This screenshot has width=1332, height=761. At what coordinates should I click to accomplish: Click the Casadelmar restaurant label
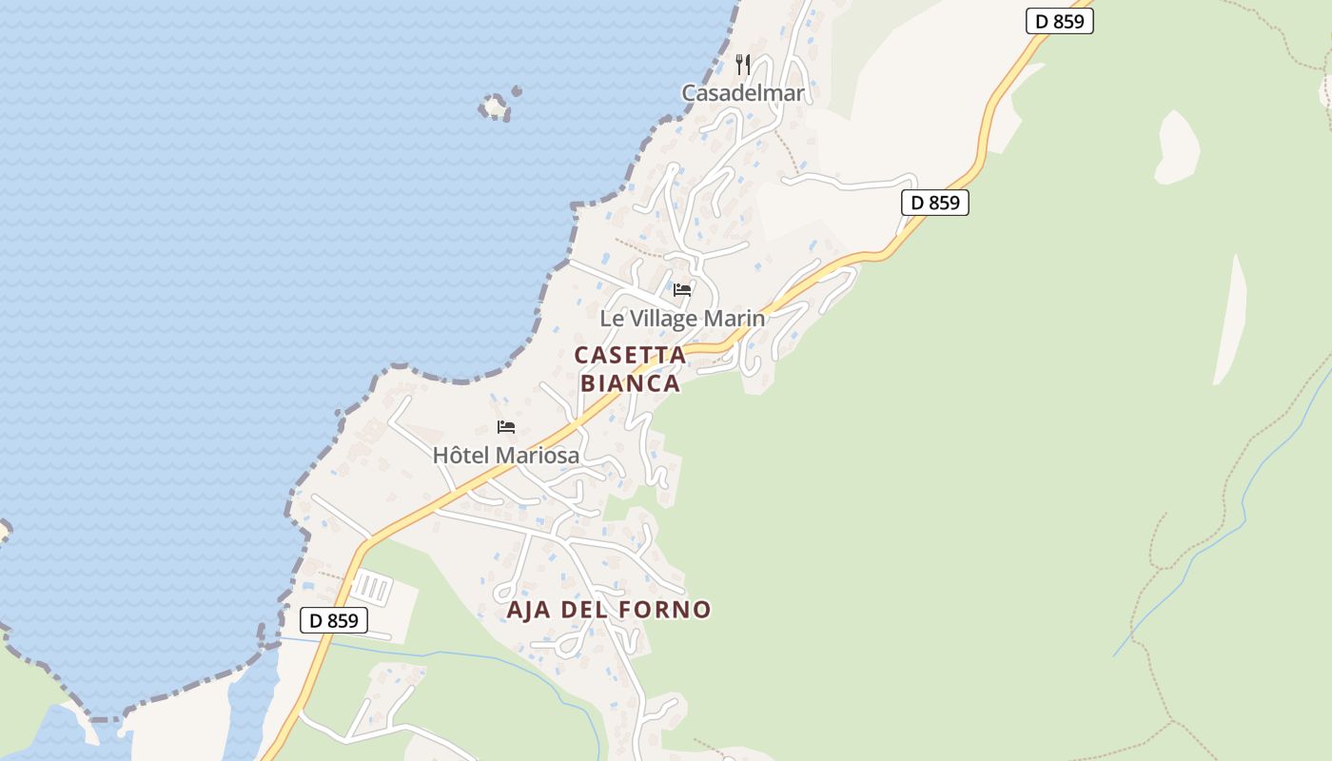(x=742, y=93)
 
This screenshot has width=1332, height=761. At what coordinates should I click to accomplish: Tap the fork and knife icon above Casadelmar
(x=743, y=65)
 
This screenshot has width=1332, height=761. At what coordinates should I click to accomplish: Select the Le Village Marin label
(x=681, y=319)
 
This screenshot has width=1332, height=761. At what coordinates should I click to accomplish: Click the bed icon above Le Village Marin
(x=682, y=290)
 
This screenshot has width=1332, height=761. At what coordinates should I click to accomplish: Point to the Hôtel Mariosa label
(x=505, y=456)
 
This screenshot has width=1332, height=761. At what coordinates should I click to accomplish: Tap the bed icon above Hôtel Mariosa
(x=506, y=427)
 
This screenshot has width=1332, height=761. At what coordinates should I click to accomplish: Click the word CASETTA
(x=630, y=356)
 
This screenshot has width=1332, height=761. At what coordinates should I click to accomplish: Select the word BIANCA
(x=630, y=383)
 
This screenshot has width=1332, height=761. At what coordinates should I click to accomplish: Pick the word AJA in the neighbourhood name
(x=529, y=610)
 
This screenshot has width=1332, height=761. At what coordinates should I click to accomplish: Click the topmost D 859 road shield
(x=1060, y=21)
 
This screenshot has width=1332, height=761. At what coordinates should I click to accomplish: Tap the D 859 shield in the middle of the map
(x=934, y=203)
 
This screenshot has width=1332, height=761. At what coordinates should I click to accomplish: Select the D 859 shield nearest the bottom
(x=334, y=621)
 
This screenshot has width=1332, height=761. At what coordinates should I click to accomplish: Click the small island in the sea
(x=495, y=107)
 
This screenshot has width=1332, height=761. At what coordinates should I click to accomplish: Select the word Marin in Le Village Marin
(x=735, y=319)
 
